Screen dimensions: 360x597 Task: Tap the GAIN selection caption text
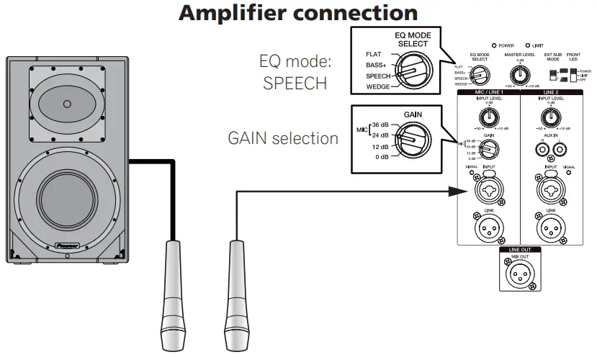point(283,138)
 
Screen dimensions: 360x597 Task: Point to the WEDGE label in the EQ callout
point(379,87)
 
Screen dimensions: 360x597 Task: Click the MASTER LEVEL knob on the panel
point(517,73)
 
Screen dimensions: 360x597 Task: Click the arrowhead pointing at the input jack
point(455,191)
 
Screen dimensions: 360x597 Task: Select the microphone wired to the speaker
point(173,288)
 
